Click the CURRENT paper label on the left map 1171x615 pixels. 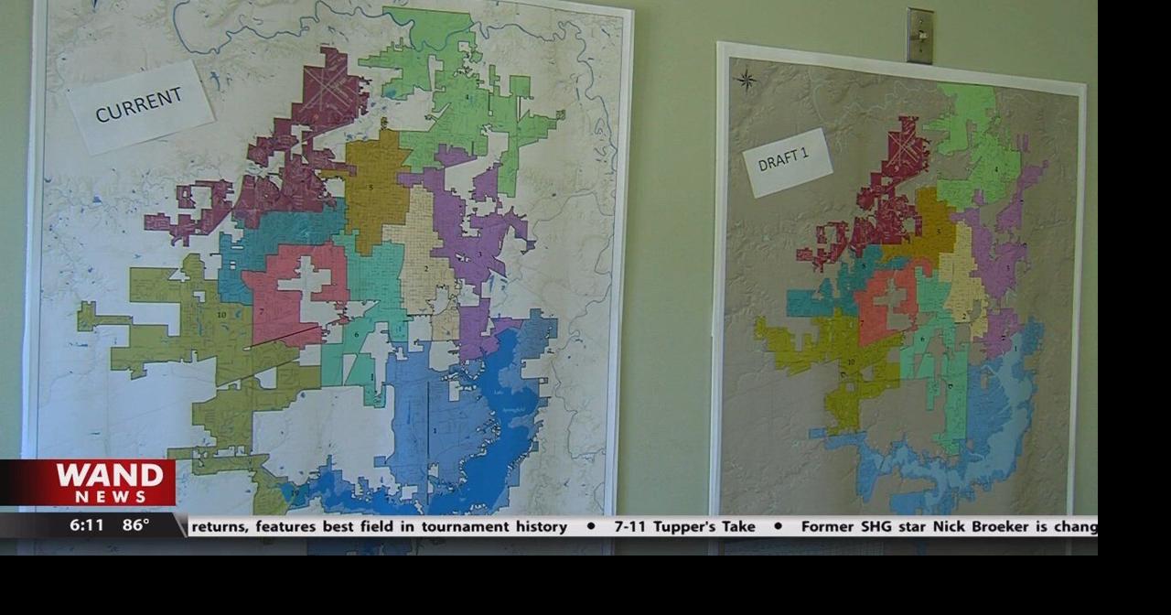pyautogui.click(x=139, y=105)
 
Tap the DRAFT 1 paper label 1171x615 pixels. pyautogui.click(x=785, y=161)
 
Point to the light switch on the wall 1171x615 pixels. pyautogui.click(x=920, y=37)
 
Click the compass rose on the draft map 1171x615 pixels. pyautogui.click(x=747, y=80)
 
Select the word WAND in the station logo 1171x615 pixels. pyautogui.click(x=110, y=476)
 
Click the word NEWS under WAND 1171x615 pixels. pyautogui.click(x=111, y=496)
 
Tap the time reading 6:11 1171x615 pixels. pyautogui.click(x=87, y=525)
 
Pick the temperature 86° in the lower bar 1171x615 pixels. pyautogui.click(x=135, y=525)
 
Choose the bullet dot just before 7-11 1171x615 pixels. pyautogui.click(x=591, y=526)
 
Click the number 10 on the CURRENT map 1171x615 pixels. pyautogui.click(x=221, y=314)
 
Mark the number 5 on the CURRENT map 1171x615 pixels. pyautogui.click(x=371, y=188)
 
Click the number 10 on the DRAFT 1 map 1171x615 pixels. pyautogui.click(x=851, y=361)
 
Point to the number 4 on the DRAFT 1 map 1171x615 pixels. pyautogui.click(x=996, y=169)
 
